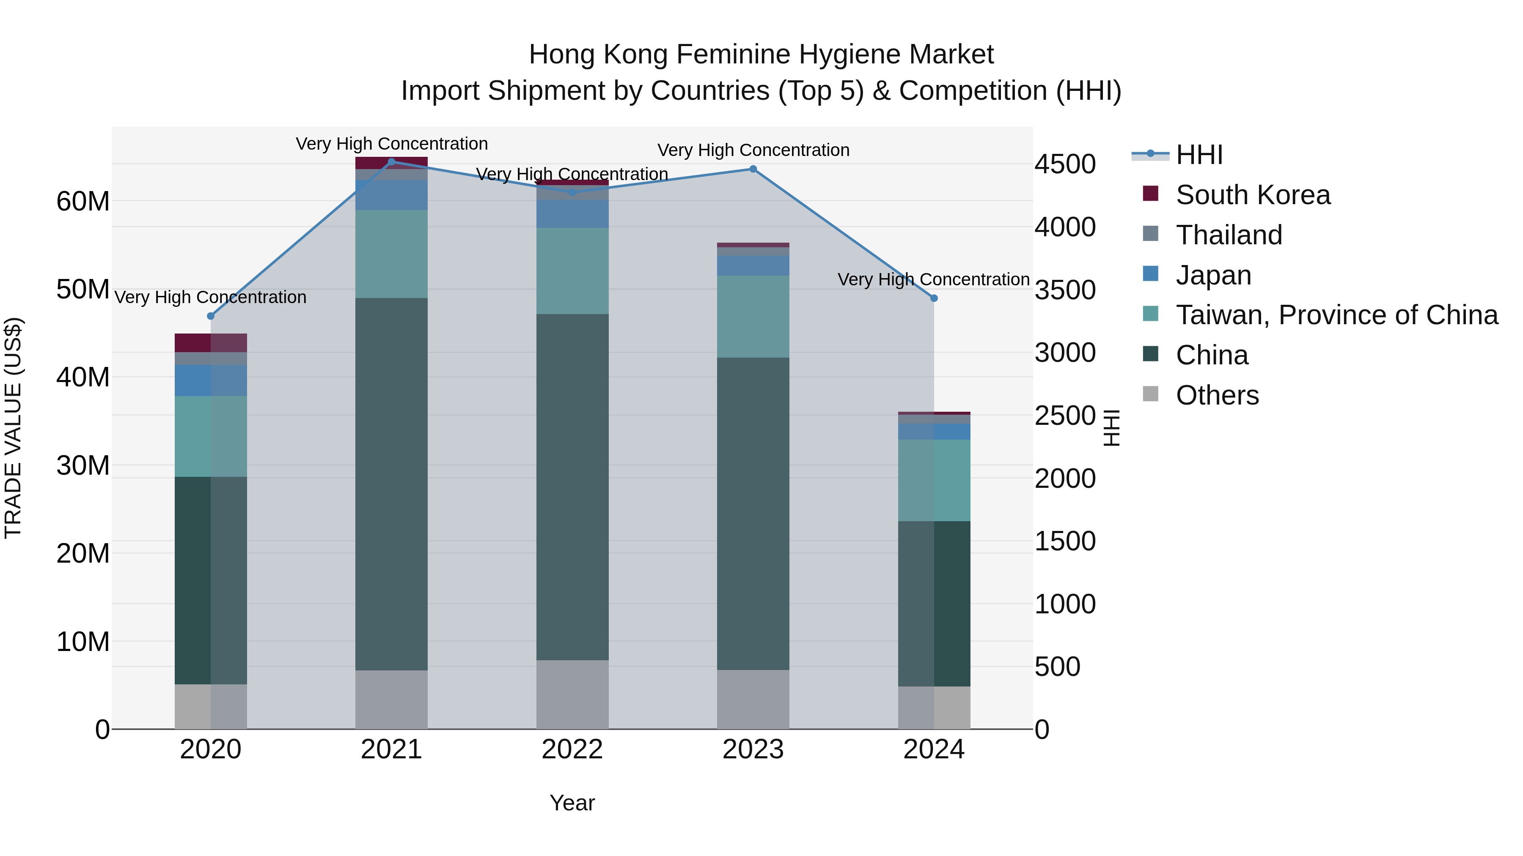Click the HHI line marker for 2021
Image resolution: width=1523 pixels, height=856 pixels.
391,162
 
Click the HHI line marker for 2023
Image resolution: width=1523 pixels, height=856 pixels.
753,169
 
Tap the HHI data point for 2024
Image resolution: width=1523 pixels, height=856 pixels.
934,298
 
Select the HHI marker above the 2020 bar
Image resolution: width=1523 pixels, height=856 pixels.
211,316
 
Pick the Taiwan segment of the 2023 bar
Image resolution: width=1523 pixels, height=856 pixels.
753,316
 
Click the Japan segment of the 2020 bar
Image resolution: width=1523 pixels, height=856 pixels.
211,380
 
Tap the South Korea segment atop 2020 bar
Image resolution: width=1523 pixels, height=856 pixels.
211,343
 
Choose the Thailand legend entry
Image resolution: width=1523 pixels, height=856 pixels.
1229,235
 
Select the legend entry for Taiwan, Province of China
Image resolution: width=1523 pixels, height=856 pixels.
1336,315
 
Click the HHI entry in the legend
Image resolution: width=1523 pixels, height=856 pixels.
1199,155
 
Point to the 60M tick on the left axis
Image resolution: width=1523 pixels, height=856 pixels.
83,202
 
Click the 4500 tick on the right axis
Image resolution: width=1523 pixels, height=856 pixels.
1065,164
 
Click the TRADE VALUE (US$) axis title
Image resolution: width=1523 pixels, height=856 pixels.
13,428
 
